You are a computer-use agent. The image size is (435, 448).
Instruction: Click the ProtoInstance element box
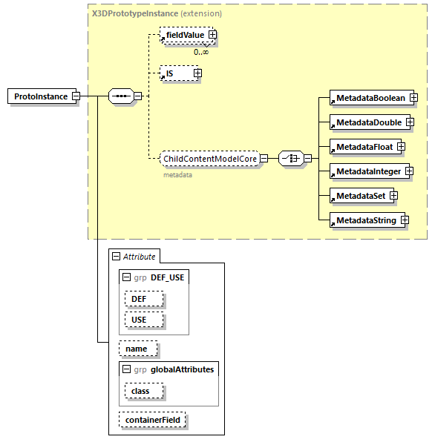tap(40, 96)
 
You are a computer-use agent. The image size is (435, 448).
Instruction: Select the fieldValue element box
tap(184, 35)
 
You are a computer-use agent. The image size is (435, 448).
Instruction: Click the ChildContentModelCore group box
tap(210, 158)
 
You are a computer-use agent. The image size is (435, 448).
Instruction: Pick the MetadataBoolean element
tap(370, 98)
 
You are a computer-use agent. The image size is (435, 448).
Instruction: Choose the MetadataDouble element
tap(367, 122)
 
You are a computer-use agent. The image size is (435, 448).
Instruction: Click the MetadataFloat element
tap(363, 147)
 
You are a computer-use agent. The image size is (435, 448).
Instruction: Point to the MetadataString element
tap(365, 220)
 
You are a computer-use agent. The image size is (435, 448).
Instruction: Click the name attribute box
tap(137, 348)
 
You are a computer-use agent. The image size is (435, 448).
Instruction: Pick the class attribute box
tap(141, 391)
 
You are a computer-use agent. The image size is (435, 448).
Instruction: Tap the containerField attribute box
tap(153, 421)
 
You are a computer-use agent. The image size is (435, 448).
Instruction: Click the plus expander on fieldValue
tap(212, 35)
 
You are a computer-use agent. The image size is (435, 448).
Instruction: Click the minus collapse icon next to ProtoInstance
tap(76, 96)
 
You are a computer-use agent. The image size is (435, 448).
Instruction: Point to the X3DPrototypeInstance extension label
tap(156, 13)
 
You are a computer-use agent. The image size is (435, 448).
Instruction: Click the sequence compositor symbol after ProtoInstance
tap(120, 96)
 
